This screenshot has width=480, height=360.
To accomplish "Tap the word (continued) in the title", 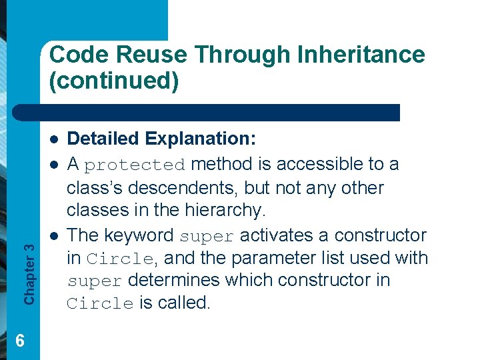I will click(113, 81).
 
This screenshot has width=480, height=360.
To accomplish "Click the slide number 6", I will click(20, 341).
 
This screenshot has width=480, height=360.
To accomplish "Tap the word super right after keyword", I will click(207, 237).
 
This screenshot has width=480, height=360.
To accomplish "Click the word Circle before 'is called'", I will click(100, 304).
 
